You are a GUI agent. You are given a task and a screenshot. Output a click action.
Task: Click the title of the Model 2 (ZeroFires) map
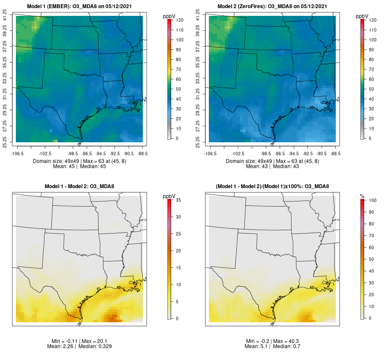tap(273, 6)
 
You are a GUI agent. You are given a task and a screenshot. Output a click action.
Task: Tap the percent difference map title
tap(273, 186)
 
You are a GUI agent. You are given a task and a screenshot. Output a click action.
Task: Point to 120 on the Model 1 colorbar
tap(180, 20)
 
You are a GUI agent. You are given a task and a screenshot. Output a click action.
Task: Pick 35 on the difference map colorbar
tap(180, 200)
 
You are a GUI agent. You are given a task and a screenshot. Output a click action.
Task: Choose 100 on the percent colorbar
tap(373, 200)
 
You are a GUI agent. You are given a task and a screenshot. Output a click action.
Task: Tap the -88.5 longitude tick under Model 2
tap(336, 153)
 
